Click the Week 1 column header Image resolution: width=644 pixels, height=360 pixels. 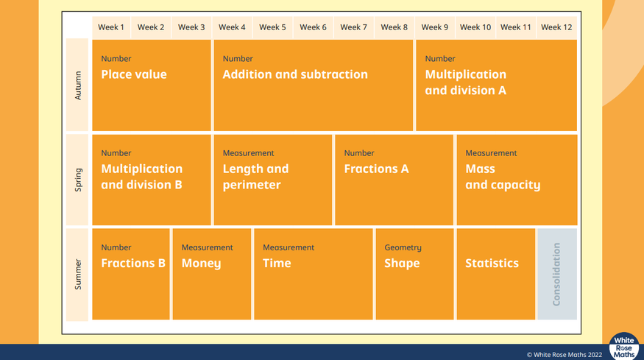tap(111, 27)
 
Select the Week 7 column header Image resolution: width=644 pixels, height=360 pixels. tap(353, 27)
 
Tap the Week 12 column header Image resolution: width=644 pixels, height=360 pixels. tap(556, 27)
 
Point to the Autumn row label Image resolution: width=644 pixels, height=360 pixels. tap(77, 85)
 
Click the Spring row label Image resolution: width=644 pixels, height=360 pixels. tap(77, 180)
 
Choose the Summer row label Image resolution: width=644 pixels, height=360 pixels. tap(77, 274)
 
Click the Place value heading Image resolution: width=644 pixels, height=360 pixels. tap(134, 74)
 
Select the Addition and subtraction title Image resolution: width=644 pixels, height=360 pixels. tap(295, 74)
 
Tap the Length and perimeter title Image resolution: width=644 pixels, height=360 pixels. tap(255, 177)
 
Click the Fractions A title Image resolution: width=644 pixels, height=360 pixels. tap(376, 169)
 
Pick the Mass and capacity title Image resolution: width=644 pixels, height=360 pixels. tap(503, 177)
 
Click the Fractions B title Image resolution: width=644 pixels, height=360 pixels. tap(133, 263)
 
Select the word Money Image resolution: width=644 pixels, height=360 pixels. tap(201, 264)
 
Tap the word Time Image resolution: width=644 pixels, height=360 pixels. tap(277, 263)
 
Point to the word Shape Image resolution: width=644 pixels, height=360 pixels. tap(402, 264)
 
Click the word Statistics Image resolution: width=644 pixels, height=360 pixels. tap(492, 263)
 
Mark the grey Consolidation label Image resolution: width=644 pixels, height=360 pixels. tap(556, 274)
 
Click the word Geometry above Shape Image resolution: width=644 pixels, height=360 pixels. tap(403, 247)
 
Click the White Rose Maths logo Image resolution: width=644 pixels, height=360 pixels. tap(624, 347)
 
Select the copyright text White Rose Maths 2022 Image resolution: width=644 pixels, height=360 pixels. tap(565, 355)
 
